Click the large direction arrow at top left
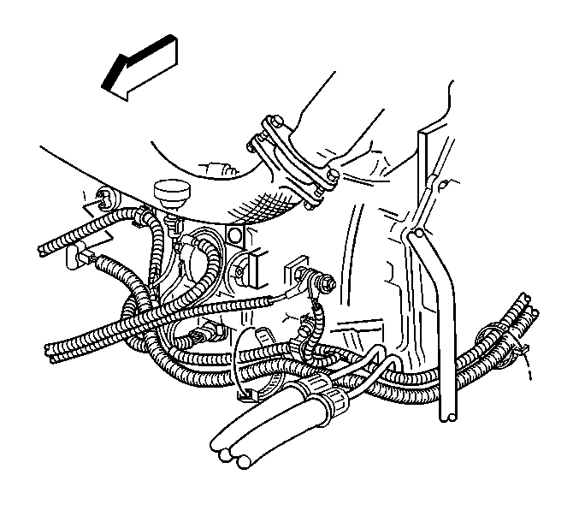(x=140, y=68)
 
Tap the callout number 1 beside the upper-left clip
(x=85, y=195)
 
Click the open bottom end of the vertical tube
(x=448, y=417)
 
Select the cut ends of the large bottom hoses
(x=232, y=457)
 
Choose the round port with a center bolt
(x=239, y=271)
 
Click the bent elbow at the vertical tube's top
(x=413, y=234)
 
